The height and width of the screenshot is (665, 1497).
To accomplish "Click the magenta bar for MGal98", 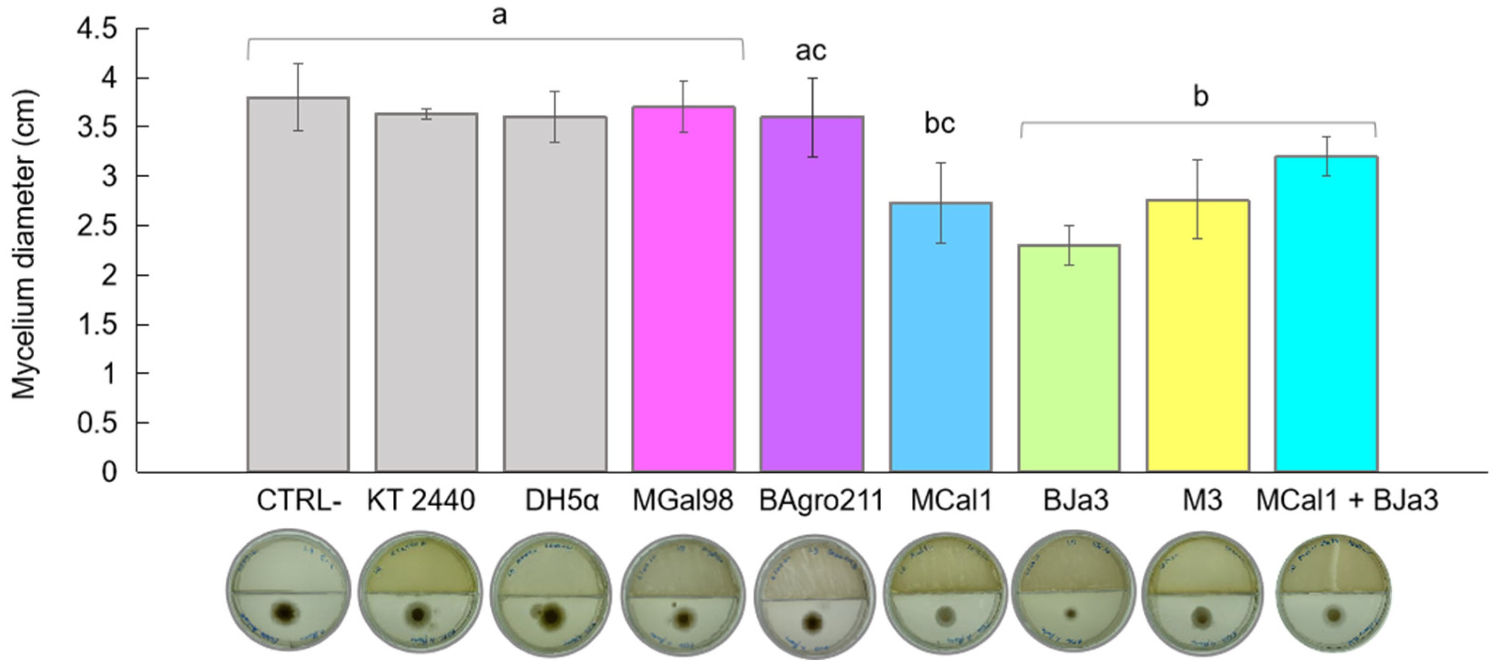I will coord(683,290).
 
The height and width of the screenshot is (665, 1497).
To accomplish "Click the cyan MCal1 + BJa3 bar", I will coord(1326,314).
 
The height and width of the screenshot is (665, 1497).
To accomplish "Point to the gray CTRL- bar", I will coord(298,285).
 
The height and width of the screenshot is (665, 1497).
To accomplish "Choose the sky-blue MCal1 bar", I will coord(941,337).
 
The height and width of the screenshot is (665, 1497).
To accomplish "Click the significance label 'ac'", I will coord(811,51).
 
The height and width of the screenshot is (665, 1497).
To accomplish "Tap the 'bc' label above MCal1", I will coord(940,123).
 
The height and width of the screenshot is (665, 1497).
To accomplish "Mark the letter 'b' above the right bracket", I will coord(1201,96).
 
